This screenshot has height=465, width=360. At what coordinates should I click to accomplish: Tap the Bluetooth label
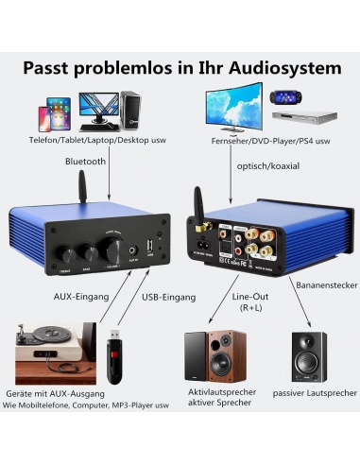coord(85,162)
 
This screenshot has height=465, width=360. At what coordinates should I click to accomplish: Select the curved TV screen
coord(231,104)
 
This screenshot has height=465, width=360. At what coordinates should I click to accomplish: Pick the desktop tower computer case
coord(130,110)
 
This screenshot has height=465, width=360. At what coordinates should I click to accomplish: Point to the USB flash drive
coord(113,354)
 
